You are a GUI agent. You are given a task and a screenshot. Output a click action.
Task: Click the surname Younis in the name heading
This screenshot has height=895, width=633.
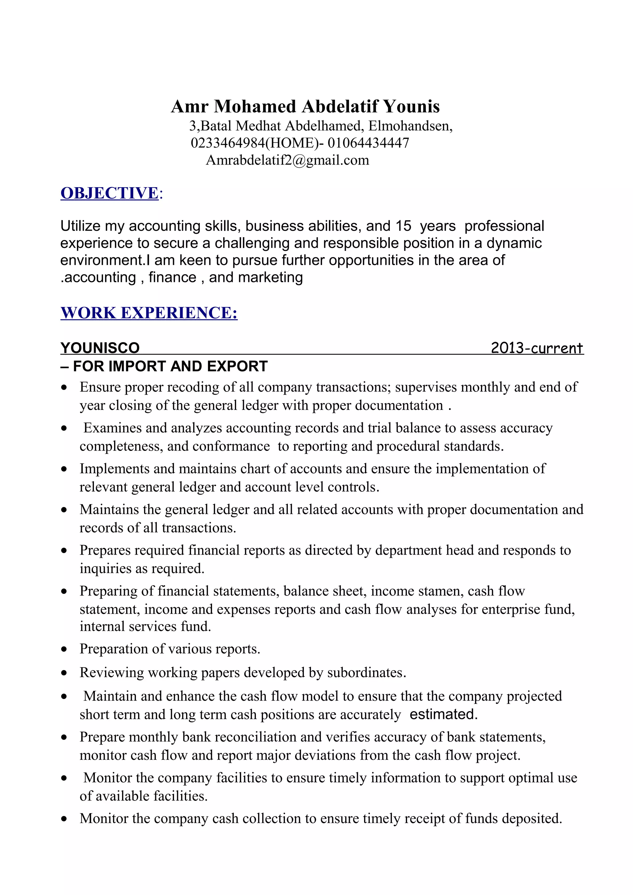(x=411, y=107)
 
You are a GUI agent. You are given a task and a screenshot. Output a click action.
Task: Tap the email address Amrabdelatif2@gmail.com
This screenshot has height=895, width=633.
(x=287, y=160)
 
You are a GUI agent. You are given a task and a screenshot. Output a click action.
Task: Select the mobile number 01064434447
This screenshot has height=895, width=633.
(x=368, y=143)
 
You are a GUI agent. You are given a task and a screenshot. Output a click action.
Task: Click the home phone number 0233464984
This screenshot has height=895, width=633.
(x=228, y=143)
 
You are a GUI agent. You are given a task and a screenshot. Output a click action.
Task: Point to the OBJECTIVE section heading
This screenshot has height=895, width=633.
(x=110, y=193)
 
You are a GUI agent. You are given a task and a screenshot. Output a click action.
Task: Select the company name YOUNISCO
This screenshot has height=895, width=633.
(x=100, y=348)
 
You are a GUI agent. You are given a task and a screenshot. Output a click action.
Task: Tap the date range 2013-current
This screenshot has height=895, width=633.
(x=536, y=348)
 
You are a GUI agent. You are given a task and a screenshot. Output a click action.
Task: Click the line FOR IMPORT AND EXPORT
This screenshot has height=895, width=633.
(x=170, y=366)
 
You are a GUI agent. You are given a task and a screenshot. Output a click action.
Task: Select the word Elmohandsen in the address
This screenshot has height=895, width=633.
(x=410, y=126)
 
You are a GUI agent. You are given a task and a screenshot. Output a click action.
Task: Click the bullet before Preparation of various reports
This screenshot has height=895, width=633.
(x=64, y=649)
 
